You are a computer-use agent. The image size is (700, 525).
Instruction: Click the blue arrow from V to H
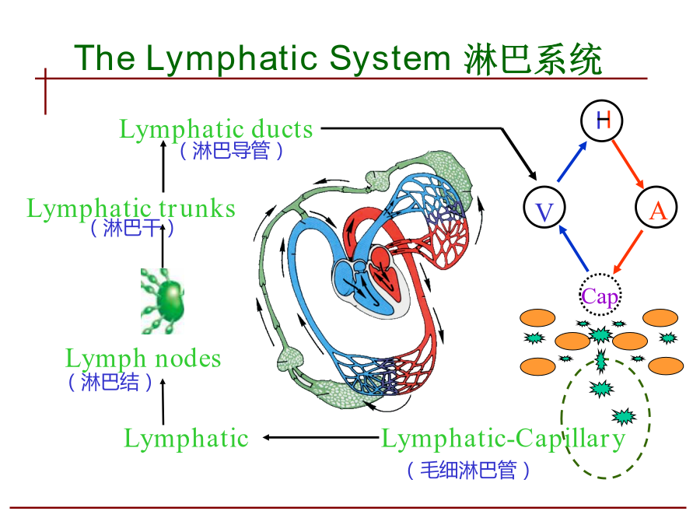(x=572, y=162)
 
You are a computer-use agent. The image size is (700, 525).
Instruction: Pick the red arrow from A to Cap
(x=628, y=252)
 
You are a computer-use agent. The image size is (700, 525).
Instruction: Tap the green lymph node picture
(x=163, y=301)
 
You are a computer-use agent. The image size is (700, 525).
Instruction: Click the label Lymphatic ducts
(x=216, y=129)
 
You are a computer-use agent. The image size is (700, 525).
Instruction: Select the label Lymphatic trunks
(x=131, y=208)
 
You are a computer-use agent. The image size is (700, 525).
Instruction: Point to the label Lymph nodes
(x=143, y=359)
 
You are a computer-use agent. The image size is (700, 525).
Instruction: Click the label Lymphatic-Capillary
(x=503, y=439)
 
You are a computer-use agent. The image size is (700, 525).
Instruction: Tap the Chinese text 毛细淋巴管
(x=468, y=470)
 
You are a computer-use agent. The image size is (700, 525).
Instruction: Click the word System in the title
(x=390, y=59)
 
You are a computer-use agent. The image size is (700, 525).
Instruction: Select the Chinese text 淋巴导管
(x=231, y=150)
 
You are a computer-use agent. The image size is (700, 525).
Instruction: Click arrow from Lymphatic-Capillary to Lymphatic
(x=321, y=437)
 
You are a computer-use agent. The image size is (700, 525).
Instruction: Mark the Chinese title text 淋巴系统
(x=533, y=59)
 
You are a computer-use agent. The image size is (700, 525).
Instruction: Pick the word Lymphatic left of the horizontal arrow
(x=186, y=439)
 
